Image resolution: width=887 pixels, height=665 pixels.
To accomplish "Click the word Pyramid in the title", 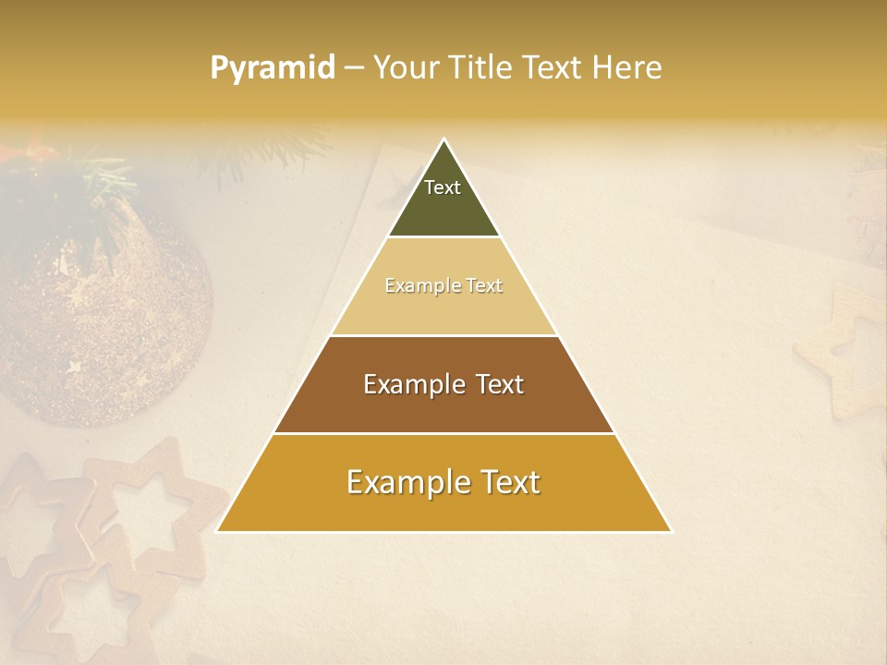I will (272, 68).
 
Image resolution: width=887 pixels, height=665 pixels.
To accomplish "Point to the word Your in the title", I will (405, 68).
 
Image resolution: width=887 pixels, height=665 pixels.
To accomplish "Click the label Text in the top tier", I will (443, 187).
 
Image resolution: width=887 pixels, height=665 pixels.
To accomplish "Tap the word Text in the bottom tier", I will (507, 482).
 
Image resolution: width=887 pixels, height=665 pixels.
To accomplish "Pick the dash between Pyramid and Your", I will (353, 68).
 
